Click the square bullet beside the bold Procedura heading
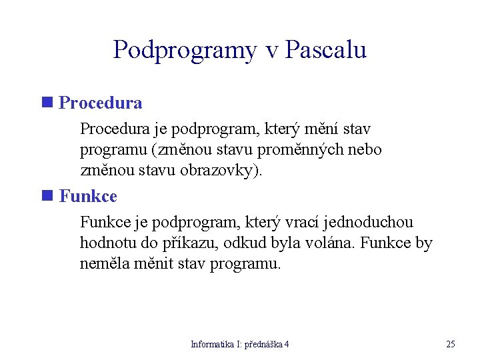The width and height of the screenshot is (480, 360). [x=47, y=103]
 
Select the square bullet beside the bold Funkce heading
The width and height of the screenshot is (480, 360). [x=47, y=196]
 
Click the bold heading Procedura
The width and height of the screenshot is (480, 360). [x=101, y=103]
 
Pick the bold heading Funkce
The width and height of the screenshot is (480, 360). [x=88, y=197]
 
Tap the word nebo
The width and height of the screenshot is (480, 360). [x=365, y=149]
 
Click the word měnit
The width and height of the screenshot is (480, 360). [x=156, y=264]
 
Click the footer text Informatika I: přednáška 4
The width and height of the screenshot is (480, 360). [x=240, y=345]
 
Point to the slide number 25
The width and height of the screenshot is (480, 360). [x=451, y=345]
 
